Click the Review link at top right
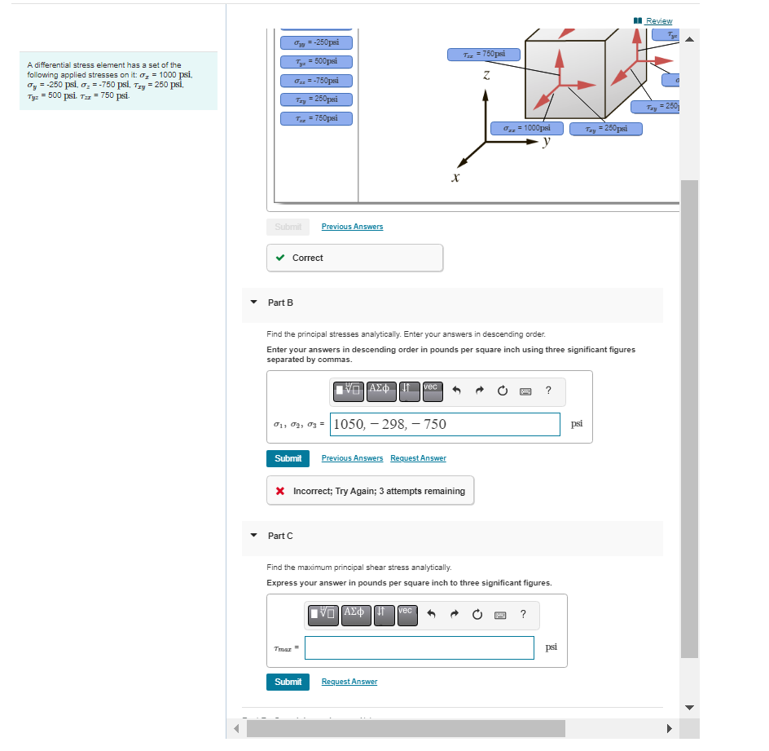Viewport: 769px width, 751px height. (658, 20)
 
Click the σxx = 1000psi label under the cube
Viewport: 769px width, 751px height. (526, 128)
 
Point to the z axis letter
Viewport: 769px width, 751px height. (486, 75)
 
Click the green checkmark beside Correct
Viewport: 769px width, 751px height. (280, 258)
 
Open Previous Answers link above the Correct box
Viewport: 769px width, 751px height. (352, 227)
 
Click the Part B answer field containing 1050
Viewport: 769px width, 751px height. (445, 424)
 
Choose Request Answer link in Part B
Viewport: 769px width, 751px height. (418, 458)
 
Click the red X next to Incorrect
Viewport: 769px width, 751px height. (280, 491)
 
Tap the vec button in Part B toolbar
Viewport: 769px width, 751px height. (431, 391)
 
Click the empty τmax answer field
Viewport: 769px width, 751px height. (420, 647)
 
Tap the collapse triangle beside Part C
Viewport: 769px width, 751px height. (253, 536)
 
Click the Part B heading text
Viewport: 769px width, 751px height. (280, 303)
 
